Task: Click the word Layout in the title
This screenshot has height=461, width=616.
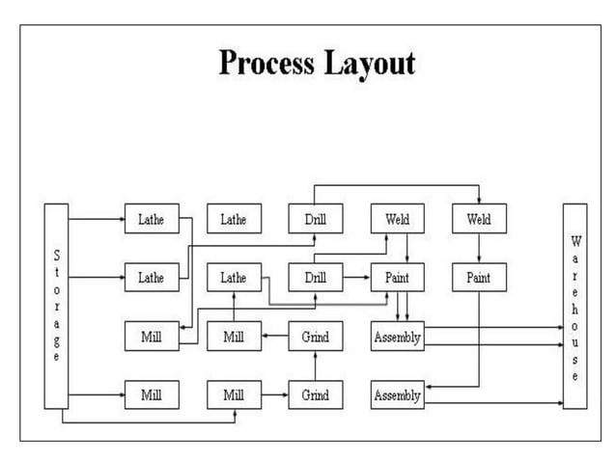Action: click(369, 64)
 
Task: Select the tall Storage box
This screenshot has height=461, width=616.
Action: click(56, 306)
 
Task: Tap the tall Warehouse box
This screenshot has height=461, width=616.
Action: click(575, 306)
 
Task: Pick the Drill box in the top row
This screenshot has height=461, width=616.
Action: click(315, 220)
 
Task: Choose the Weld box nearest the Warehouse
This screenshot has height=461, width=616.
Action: click(479, 220)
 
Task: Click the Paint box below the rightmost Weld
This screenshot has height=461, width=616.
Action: click(479, 278)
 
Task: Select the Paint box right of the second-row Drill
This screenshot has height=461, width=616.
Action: click(397, 278)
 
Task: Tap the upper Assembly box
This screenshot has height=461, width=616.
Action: click(397, 338)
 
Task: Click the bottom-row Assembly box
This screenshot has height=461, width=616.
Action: click(397, 395)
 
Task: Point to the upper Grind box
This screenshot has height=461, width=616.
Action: click(315, 338)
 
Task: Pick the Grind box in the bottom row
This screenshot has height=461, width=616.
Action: click(315, 395)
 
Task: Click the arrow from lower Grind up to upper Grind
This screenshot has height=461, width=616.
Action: click(315, 366)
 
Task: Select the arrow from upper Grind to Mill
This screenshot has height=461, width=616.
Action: click(274, 338)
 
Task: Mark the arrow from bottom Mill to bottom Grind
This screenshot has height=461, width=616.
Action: click(274, 395)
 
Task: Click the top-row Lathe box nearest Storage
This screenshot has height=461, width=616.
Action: click(151, 220)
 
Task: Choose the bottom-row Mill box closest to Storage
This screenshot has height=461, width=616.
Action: click(151, 395)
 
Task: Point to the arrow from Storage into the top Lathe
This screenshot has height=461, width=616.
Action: click(97, 220)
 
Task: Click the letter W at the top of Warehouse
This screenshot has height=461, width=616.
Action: click(575, 240)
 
